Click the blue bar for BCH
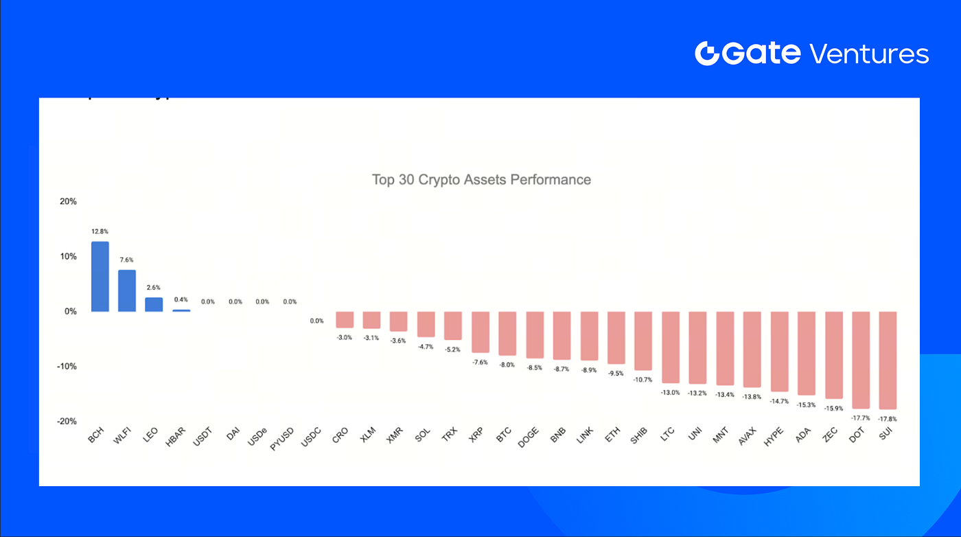[x=100, y=276]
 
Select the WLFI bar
[x=127, y=290]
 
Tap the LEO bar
[x=154, y=304]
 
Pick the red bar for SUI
[x=888, y=360]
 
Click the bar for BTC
[x=507, y=333]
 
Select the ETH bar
[x=616, y=337]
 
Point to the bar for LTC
[x=670, y=347]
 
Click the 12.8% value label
[x=100, y=231]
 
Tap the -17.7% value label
[x=861, y=418]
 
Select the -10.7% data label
[x=643, y=379]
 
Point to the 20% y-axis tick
[x=68, y=202]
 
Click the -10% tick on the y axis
[x=67, y=366]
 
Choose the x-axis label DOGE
[x=528, y=438]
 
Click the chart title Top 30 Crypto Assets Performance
[x=481, y=180]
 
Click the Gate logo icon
[x=707, y=54]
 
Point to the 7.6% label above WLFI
[x=126, y=260]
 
